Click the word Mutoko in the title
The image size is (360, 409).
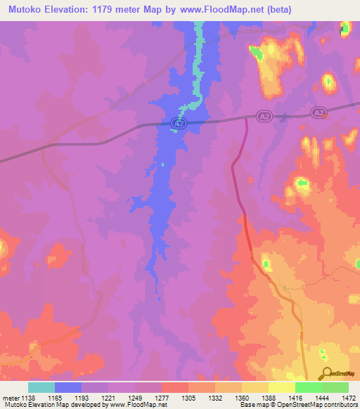(27, 10)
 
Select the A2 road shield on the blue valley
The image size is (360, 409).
(179, 124)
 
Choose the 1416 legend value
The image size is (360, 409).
(284, 398)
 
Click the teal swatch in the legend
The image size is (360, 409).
(41, 387)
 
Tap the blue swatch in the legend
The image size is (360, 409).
(68, 387)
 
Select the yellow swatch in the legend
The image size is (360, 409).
(282, 387)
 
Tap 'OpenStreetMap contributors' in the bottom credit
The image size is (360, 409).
(323, 405)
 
